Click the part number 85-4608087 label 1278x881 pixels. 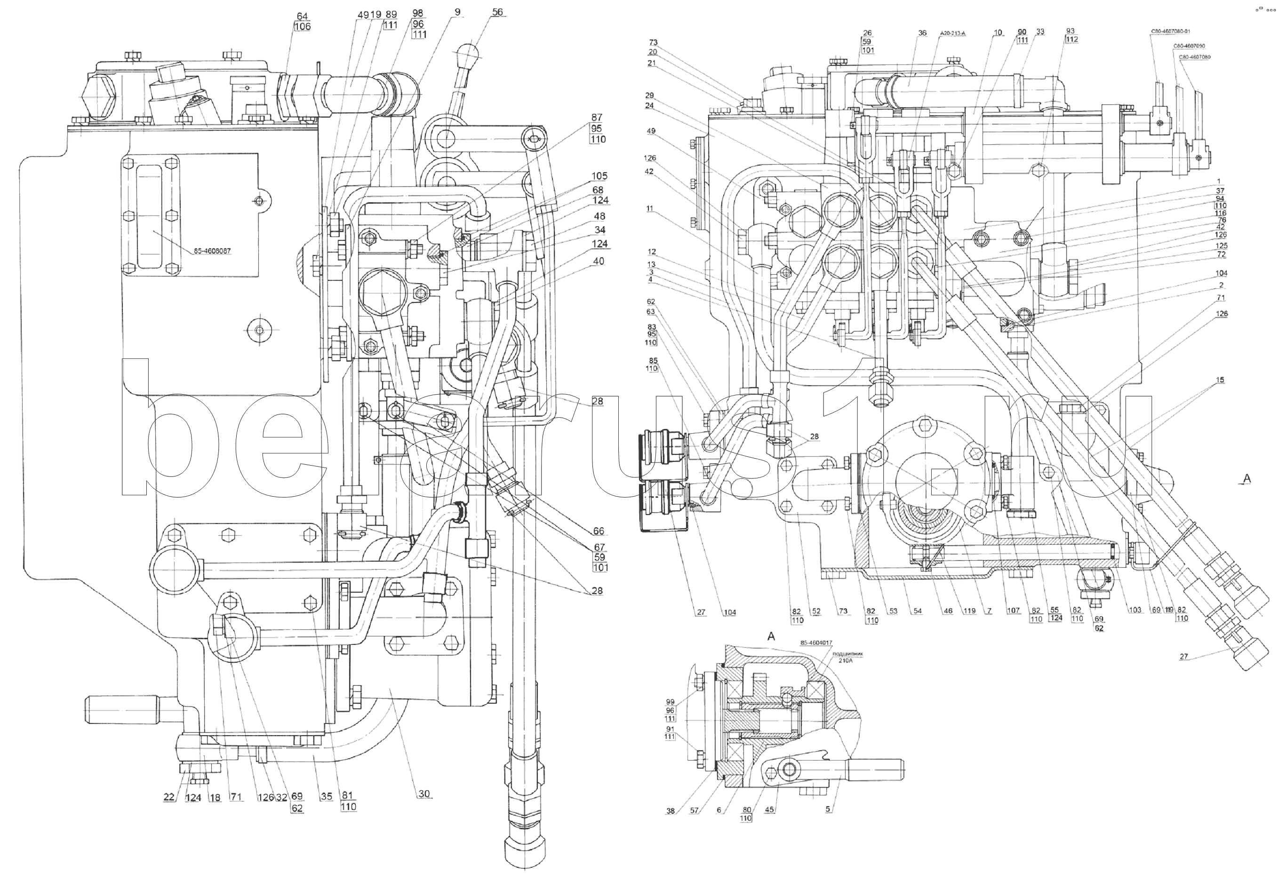click(x=212, y=251)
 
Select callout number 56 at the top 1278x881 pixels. click(x=497, y=12)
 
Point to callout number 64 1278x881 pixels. click(x=302, y=16)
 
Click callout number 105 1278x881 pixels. click(x=599, y=176)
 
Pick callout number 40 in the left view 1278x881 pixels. click(x=599, y=261)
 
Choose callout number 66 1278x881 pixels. click(x=599, y=531)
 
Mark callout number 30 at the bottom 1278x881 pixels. click(x=423, y=794)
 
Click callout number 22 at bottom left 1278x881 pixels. click(x=169, y=797)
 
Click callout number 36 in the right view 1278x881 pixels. click(x=922, y=33)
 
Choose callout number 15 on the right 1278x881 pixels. click(x=1220, y=380)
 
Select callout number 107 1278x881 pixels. click(x=1013, y=611)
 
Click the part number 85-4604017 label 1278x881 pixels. click(x=816, y=643)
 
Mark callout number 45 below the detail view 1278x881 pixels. click(x=770, y=810)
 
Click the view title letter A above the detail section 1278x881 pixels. click(x=771, y=636)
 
